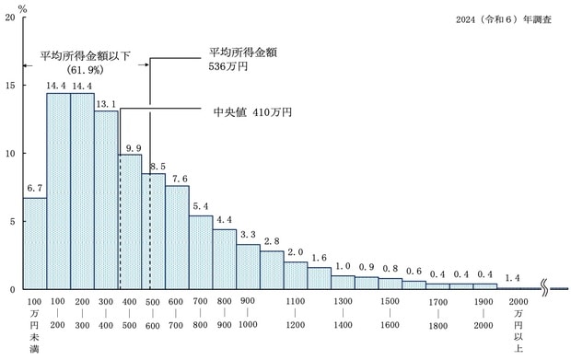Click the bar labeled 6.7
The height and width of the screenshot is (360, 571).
click(34, 244)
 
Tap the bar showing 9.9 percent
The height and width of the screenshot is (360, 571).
click(130, 222)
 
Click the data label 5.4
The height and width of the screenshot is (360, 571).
click(201, 207)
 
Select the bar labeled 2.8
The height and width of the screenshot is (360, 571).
click(272, 270)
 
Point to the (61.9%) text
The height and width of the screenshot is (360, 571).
click(85, 70)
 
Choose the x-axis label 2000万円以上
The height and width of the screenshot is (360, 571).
click(519, 324)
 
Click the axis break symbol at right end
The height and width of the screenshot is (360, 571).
click(546, 289)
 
